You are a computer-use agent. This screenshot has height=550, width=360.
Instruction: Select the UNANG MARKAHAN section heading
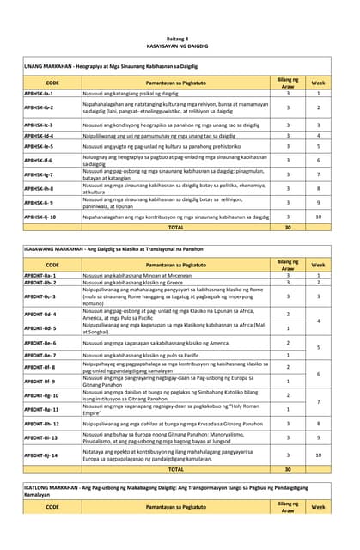pyautogui.click(x=110, y=64)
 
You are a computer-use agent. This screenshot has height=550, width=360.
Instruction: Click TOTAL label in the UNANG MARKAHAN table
pyautogui.click(x=175, y=228)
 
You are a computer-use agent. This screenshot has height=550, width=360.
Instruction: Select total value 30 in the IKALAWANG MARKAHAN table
pyautogui.click(x=288, y=469)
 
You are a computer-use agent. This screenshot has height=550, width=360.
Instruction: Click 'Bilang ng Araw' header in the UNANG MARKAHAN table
pyautogui.click(x=288, y=81)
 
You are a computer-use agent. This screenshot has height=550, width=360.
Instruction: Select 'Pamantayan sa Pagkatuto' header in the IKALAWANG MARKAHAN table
pyautogui.click(x=175, y=264)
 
